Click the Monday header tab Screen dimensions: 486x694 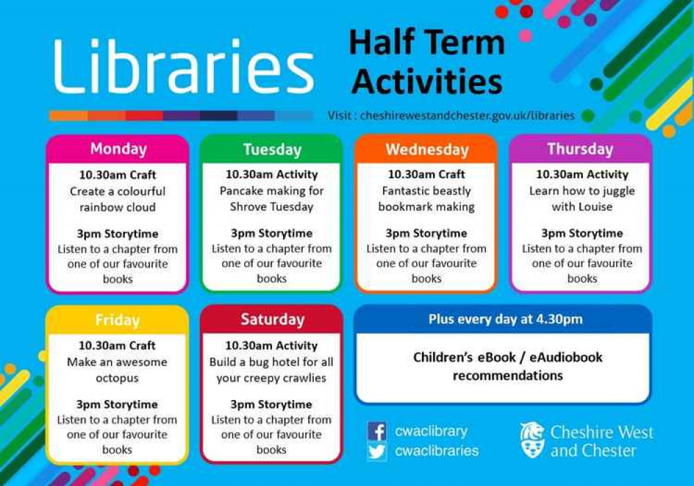(x=118, y=149)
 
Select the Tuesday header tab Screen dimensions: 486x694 (x=272, y=150)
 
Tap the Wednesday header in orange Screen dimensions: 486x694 (x=426, y=150)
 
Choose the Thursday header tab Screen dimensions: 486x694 (x=580, y=149)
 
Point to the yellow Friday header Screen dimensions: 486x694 (x=117, y=320)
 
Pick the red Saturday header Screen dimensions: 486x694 (x=272, y=320)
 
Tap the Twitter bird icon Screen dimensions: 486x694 (x=377, y=451)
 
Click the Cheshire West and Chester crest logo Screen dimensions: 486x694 (x=532, y=440)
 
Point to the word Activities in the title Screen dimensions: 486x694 (x=427, y=82)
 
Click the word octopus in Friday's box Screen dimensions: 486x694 (x=117, y=379)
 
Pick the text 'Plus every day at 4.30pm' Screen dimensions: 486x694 (x=505, y=320)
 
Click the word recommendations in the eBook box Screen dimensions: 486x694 (x=507, y=376)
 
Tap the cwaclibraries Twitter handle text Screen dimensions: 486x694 (x=437, y=451)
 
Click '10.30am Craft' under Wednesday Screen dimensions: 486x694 (x=426, y=175)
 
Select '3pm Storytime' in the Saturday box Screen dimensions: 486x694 (x=271, y=404)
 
